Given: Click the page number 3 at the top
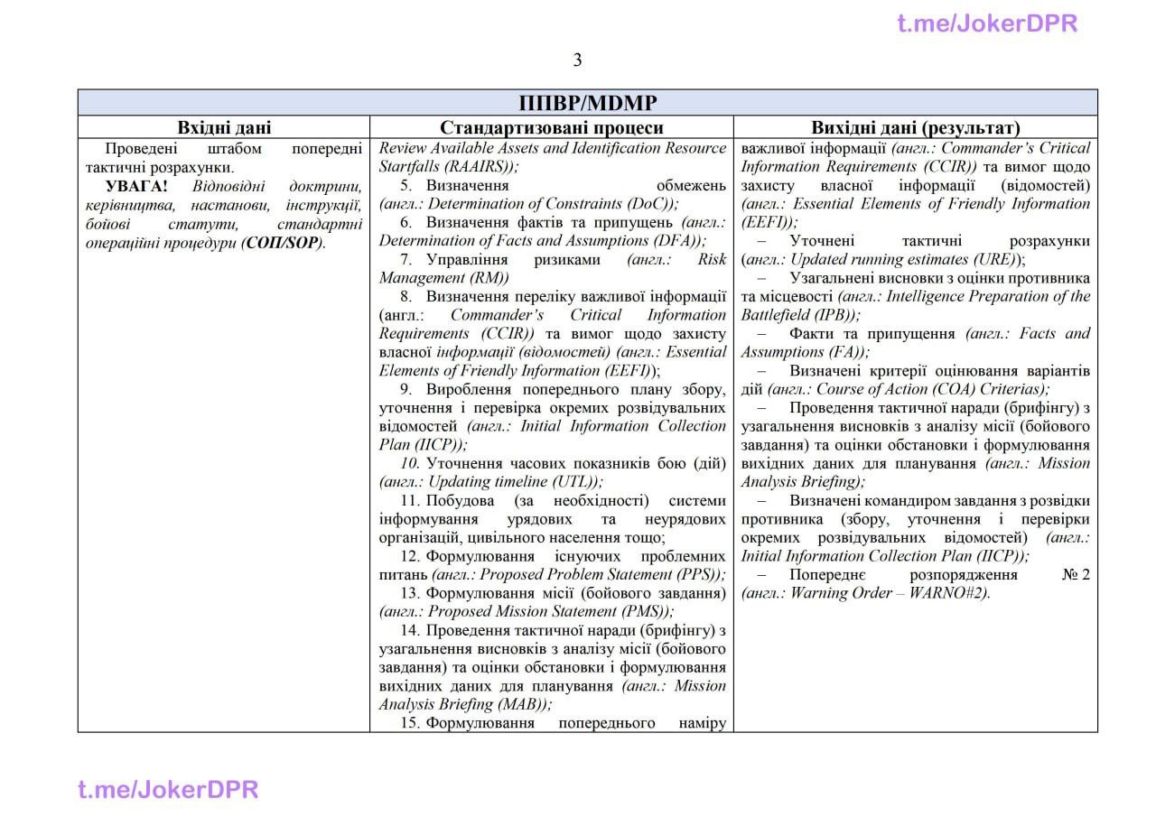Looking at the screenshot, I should (x=577, y=60).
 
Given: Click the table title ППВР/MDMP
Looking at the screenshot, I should (x=587, y=102).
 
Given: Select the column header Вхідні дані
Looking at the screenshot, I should (x=224, y=128).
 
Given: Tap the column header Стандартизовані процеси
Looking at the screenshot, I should (x=551, y=128).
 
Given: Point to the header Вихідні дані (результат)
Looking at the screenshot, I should (x=916, y=128).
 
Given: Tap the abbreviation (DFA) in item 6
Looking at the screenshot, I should (x=677, y=241).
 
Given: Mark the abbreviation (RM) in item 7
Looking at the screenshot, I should (x=492, y=278).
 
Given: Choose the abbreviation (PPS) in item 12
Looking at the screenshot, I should (x=698, y=575).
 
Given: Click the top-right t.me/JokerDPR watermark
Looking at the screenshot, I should (x=987, y=23).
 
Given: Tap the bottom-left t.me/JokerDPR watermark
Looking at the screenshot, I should (x=168, y=790).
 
